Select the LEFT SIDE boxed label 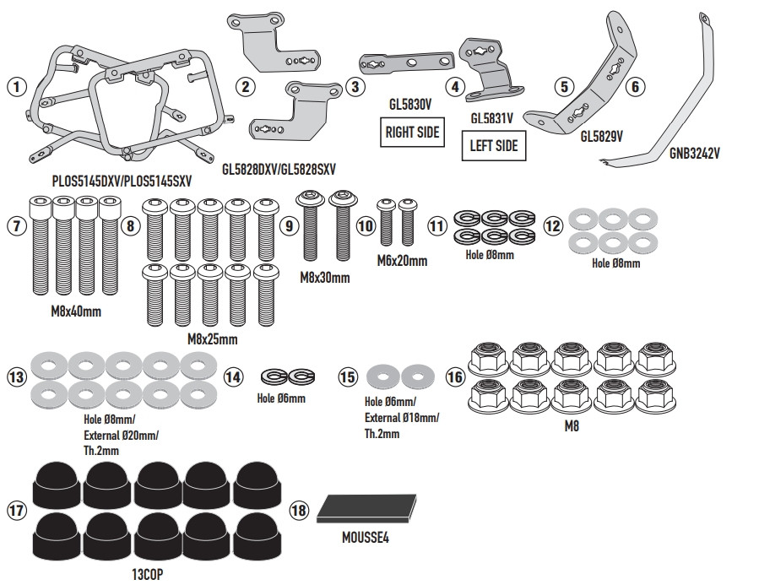(x=494, y=146)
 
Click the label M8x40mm (x=76, y=311)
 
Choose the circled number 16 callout (x=455, y=377)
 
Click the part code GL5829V (x=602, y=135)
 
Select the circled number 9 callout (x=289, y=226)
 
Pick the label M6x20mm (x=402, y=261)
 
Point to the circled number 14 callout (x=234, y=377)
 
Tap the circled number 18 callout (x=298, y=511)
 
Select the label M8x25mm (x=212, y=339)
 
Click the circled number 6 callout (x=637, y=85)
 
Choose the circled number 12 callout (x=552, y=226)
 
